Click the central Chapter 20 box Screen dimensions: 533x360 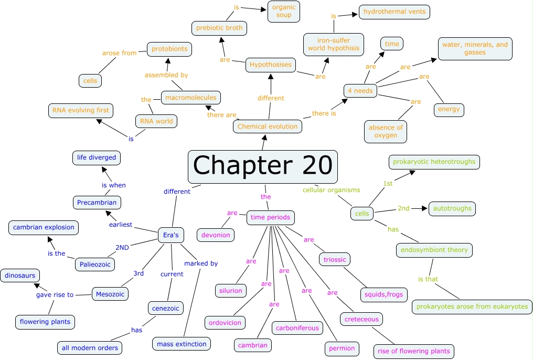262,166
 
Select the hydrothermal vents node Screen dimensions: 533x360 395,12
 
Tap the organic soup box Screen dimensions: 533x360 284,11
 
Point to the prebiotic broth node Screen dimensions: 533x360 219,28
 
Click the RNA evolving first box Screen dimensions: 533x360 80,110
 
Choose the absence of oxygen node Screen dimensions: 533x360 386,131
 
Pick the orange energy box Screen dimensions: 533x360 449,109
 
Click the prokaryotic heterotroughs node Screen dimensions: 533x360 434,162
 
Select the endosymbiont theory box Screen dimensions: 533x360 434,250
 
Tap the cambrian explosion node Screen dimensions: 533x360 44,227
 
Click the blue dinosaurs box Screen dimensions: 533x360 20,275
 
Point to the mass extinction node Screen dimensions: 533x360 182,344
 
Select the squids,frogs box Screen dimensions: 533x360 383,294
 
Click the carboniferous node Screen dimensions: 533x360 297,328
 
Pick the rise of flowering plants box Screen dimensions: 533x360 414,351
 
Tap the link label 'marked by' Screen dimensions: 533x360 201,263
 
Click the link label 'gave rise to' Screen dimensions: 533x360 55,295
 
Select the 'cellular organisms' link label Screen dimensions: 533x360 331,190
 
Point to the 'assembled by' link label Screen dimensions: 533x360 166,75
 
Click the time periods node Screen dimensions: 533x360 270,217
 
